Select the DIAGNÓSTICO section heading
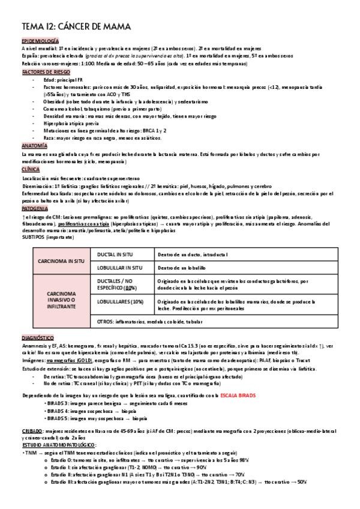[x=38, y=339]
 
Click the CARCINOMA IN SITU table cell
[x=61, y=262]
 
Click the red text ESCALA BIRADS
[x=239, y=396]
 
